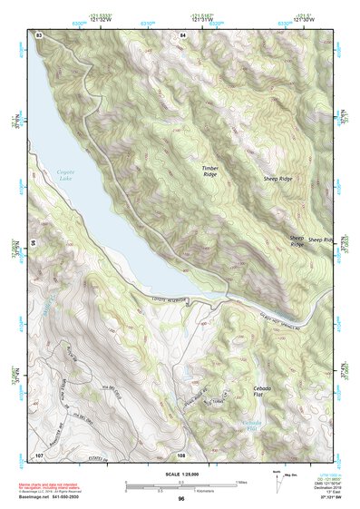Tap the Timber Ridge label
point(210,171)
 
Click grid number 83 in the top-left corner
point(39,34)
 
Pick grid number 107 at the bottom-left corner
point(39,454)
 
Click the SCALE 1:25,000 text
point(180,475)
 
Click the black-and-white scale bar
point(180,485)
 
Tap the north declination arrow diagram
point(276,479)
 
